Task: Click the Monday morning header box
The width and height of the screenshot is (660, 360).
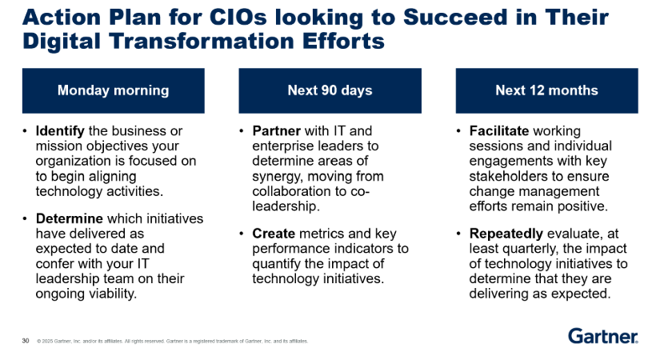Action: coord(114,90)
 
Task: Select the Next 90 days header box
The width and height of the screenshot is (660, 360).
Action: coord(330,90)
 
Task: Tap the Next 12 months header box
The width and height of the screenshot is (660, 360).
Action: coord(546,90)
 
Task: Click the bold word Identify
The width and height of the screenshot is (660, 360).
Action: coord(60,131)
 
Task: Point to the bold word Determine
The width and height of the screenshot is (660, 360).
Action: coord(70,218)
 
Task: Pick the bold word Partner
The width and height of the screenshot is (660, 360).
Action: coord(277,131)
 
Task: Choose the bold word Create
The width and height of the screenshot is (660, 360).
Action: coord(274,234)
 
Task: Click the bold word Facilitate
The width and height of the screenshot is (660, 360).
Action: coord(498,131)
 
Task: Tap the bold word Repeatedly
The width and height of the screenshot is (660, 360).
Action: coord(506,234)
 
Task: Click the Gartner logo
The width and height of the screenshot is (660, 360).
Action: coord(603,336)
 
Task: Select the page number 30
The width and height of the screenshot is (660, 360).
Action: coord(26,341)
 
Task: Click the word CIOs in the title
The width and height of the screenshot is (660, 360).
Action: coord(238,18)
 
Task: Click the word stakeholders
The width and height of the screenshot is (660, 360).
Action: coord(505,177)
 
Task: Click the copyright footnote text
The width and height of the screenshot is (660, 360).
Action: coord(173,341)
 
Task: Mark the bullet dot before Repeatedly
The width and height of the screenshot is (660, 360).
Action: coord(459,234)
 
